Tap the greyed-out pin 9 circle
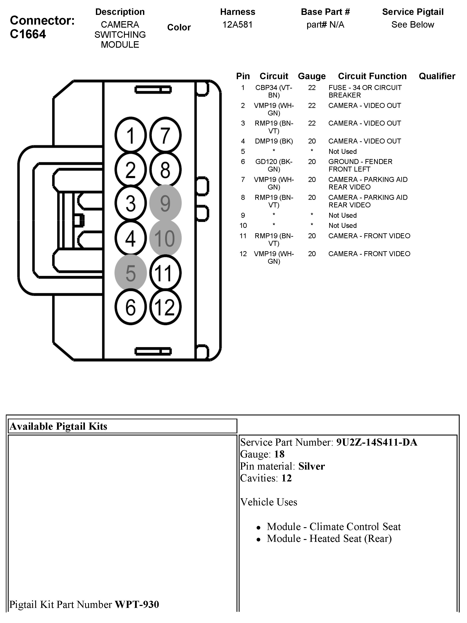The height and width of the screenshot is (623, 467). pos(165,203)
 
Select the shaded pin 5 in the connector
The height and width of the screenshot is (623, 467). pos(130,273)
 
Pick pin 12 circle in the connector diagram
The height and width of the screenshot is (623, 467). pos(165,307)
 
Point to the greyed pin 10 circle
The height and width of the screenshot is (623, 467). pos(165,238)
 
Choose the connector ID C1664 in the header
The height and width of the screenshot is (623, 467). pos(28,34)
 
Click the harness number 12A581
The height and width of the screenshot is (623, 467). pos(237,25)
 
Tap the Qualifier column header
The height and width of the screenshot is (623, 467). pos(437,76)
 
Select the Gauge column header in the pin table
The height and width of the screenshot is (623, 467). pos(312,76)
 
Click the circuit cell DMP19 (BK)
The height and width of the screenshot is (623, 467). pos(274,141)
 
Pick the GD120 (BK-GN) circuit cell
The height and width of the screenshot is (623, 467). pos(274,165)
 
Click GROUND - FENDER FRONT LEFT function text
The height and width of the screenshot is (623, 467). pos(360,165)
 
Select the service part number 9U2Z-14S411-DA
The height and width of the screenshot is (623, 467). pos(376,442)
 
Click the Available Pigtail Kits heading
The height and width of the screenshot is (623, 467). pos(59,426)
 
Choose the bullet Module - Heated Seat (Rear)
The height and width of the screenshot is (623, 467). pos(329,538)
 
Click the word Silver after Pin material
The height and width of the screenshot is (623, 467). pos(311,466)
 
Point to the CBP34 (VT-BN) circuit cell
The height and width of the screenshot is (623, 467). pos(274,91)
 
